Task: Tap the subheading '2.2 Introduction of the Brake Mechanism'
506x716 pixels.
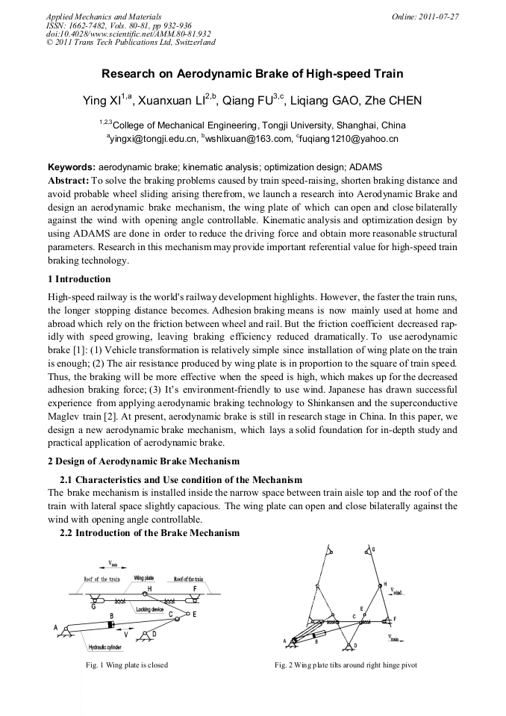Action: (x=149, y=533)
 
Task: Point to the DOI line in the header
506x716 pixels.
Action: (x=128, y=34)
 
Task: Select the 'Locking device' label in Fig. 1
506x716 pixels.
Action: (x=149, y=609)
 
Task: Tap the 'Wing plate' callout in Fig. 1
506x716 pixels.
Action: (x=144, y=578)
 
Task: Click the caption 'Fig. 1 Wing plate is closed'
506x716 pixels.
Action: (x=127, y=664)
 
